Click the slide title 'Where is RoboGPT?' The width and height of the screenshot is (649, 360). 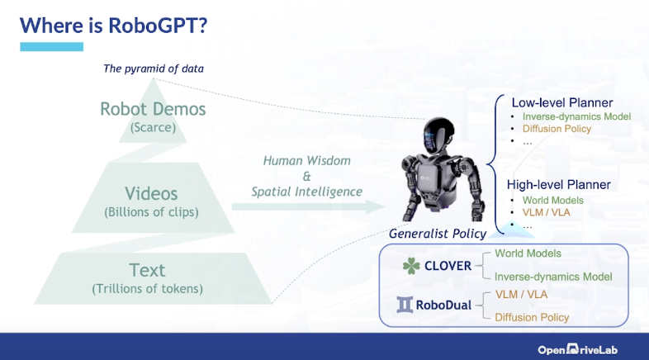click(x=113, y=25)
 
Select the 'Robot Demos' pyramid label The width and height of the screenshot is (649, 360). click(x=153, y=109)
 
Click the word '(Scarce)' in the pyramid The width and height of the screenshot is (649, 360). click(x=153, y=127)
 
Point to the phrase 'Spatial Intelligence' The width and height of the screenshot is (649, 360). click(x=307, y=192)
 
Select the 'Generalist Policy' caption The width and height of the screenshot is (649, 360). click(x=438, y=234)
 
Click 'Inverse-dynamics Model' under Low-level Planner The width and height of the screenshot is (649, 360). click(x=576, y=116)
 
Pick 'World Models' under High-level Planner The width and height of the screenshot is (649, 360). click(x=552, y=200)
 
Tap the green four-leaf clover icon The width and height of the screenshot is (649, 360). click(x=410, y=266)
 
